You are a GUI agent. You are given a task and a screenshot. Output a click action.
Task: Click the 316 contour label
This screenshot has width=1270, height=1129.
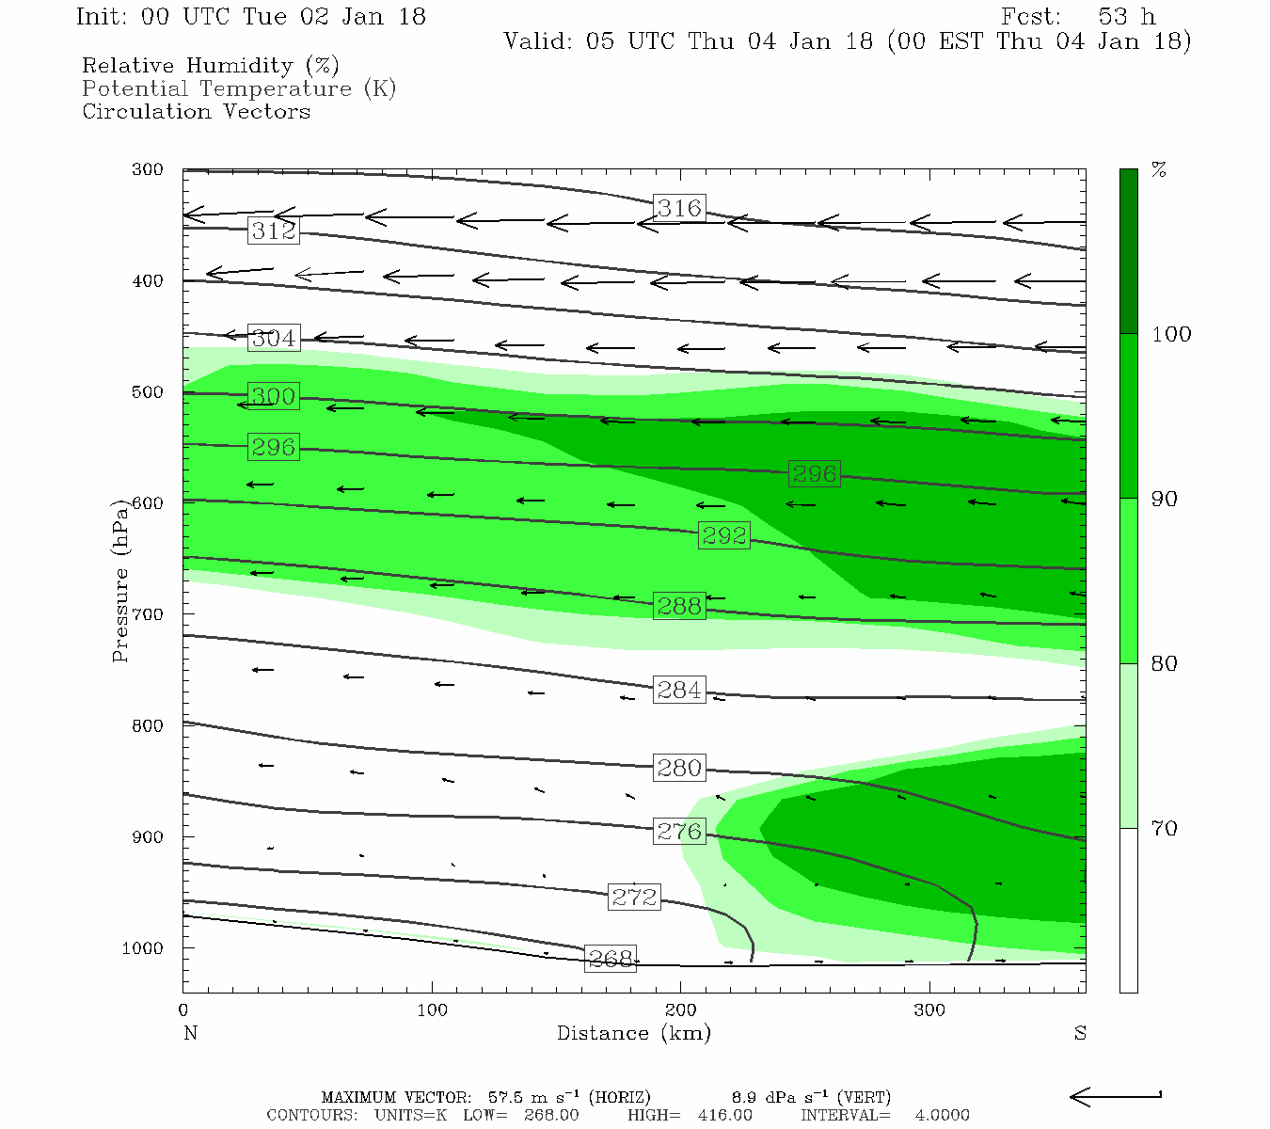[x=679, y=208]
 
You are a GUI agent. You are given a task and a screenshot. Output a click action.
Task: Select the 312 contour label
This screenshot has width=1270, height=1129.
[x=274, y=231]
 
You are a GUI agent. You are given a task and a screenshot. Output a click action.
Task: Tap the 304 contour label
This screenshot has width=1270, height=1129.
[x=274, y=338]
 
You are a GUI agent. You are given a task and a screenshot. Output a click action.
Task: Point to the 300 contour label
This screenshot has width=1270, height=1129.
[x=274, y=396]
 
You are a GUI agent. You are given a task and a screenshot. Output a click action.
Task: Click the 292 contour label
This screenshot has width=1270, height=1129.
[x=724, y=535]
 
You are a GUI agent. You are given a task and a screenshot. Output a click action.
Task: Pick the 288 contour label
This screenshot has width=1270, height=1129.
[x=679, y=607]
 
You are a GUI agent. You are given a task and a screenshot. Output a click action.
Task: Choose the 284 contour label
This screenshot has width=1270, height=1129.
[x=679, y=690]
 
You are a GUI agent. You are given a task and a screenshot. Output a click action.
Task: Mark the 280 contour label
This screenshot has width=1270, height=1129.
[x=679, y=768]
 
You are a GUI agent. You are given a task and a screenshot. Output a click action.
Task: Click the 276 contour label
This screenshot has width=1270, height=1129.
[x=679, y=831]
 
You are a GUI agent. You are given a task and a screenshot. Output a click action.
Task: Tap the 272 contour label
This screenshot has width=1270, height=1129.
[x=634, y=897]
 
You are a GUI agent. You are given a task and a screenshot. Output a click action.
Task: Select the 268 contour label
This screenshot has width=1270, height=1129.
[x=611, y=959]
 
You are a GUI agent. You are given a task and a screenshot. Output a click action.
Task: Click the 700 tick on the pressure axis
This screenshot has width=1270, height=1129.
[x=148, y=614]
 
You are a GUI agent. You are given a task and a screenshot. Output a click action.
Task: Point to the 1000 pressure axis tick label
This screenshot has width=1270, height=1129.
[x=143, y=948]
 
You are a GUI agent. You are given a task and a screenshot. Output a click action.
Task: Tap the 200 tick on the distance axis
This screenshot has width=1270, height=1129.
[x=681, y=1010]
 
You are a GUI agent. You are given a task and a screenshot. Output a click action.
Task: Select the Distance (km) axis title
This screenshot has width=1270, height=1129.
[x=634, y=1033]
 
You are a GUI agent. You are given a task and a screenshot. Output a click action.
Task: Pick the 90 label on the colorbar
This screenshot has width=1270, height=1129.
[x=1165, y=499]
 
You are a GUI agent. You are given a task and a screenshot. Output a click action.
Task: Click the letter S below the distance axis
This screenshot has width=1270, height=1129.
[x=1080, y=1033]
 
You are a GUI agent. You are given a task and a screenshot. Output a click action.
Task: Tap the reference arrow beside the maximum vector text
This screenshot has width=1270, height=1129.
[x=1115, y=1096]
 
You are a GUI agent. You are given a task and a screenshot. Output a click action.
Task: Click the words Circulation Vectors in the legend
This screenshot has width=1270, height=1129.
[x=196, y=111]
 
